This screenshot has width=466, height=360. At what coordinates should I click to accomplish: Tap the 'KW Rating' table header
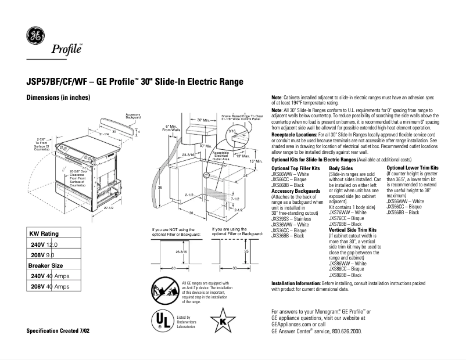click(x=44, y=233)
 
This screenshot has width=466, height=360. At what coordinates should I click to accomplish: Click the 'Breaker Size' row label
click(x=46, y=265)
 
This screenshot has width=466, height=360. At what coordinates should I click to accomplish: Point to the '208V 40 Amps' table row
click(x=51, y=286)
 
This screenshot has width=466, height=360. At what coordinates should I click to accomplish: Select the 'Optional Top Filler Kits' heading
click(x=296, y=167)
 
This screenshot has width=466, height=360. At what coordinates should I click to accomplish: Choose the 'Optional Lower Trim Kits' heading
click(x=412, y=167)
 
